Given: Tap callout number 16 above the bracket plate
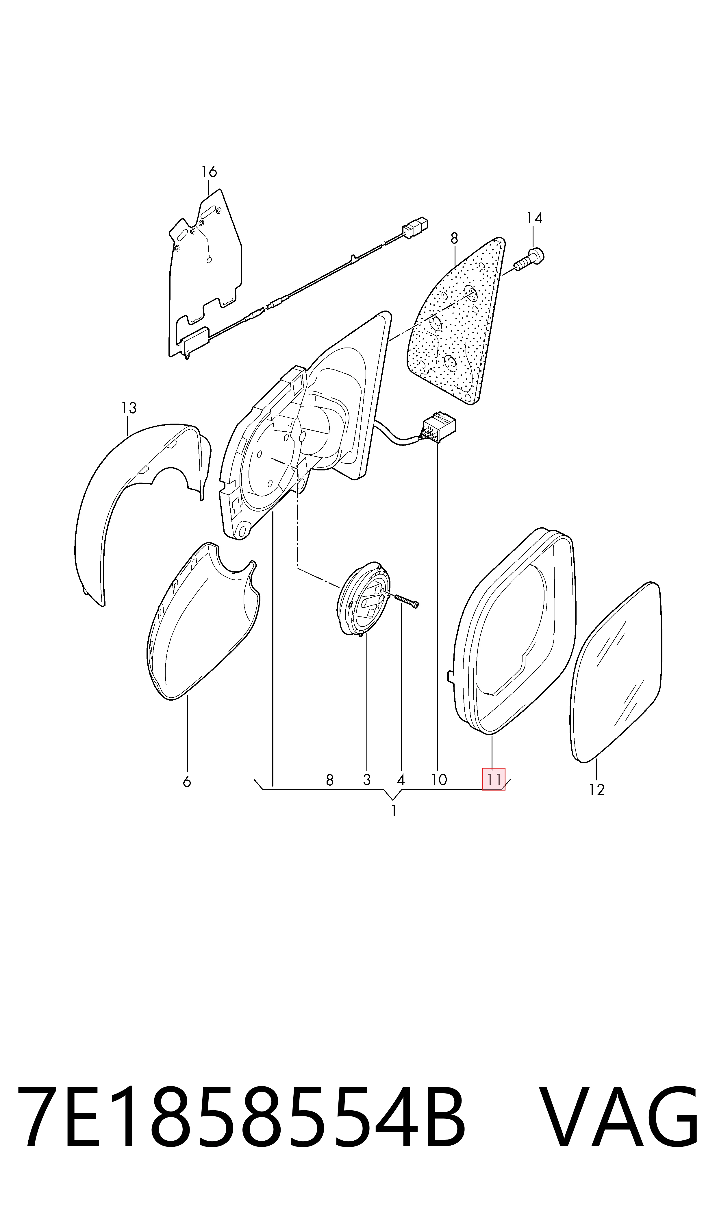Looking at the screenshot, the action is tap(209, 171).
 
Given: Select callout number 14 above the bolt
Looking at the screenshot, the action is tap(534, 218).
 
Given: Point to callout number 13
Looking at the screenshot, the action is tap(129, 408).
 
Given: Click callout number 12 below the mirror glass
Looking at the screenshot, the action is tap(597, 790).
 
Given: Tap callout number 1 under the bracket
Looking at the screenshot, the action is tap(394, 810).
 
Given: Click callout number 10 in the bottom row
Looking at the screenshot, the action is tap(439, 780).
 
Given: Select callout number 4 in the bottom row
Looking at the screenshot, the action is tap(401, 780).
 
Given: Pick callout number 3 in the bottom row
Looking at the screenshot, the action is tap(367, 780).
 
